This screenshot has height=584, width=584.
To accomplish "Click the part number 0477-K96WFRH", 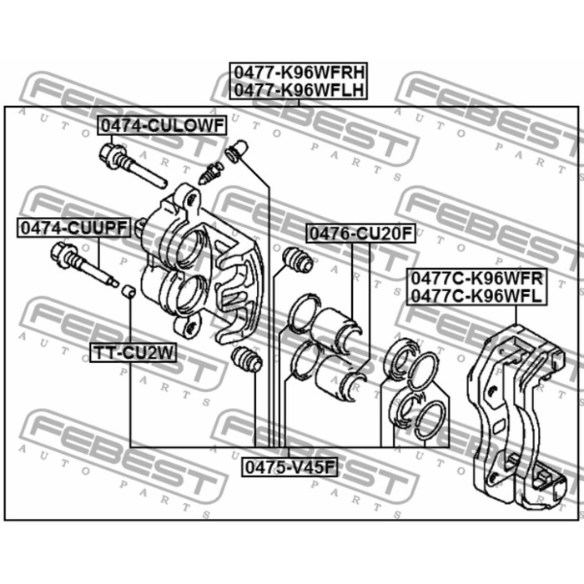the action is pos(299,73).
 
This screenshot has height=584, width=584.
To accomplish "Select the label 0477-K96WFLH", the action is pos(299,90).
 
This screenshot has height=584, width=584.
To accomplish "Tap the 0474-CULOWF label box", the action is pos(162,125).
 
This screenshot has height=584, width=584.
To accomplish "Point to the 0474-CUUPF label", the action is pos(73,228).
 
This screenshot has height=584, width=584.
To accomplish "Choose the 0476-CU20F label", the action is pos(360,234).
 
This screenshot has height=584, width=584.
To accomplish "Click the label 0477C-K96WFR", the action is pos(476,278).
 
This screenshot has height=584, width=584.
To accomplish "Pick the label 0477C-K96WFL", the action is pos(476,295).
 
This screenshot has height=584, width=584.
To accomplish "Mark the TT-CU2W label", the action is pos(133,353).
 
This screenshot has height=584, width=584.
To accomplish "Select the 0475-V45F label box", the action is pos(290,467).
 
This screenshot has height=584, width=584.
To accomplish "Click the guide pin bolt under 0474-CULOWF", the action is pos(133,165).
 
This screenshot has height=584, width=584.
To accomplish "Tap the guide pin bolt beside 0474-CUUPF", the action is pos(84,264).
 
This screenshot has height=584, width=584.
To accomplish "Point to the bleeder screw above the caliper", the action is pos(211,174).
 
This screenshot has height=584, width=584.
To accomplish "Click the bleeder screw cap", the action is pos(236,151).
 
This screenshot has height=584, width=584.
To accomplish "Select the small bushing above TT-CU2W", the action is pos(128,291).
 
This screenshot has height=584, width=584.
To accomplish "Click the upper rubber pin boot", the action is pos(298,259).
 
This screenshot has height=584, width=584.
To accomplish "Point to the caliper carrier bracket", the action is pos(516,415).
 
